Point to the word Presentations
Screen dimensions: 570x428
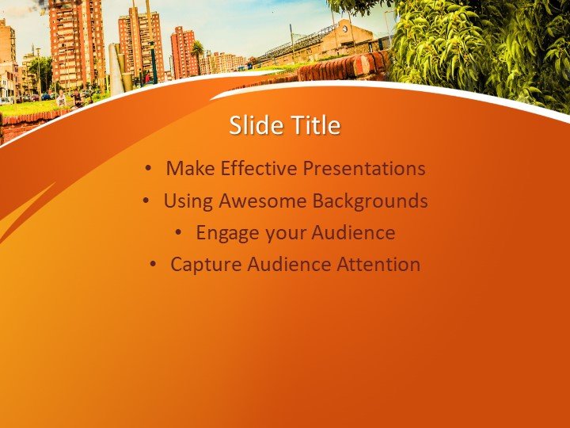click(364, 168)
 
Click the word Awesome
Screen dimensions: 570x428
click(263, 201)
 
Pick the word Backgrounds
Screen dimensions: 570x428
click(370, 201)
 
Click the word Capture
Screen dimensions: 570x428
click(206, 265)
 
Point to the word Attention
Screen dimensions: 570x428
click(378, 264)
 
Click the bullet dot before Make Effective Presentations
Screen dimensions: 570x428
click(148, 168)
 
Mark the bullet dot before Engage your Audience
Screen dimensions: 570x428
click(178, 232)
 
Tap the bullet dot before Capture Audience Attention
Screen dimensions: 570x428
click(153, 264)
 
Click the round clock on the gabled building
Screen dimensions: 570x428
click(344, 29)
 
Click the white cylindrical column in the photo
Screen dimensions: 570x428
click(116, 69)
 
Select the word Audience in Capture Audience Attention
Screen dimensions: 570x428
click(290, 264)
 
